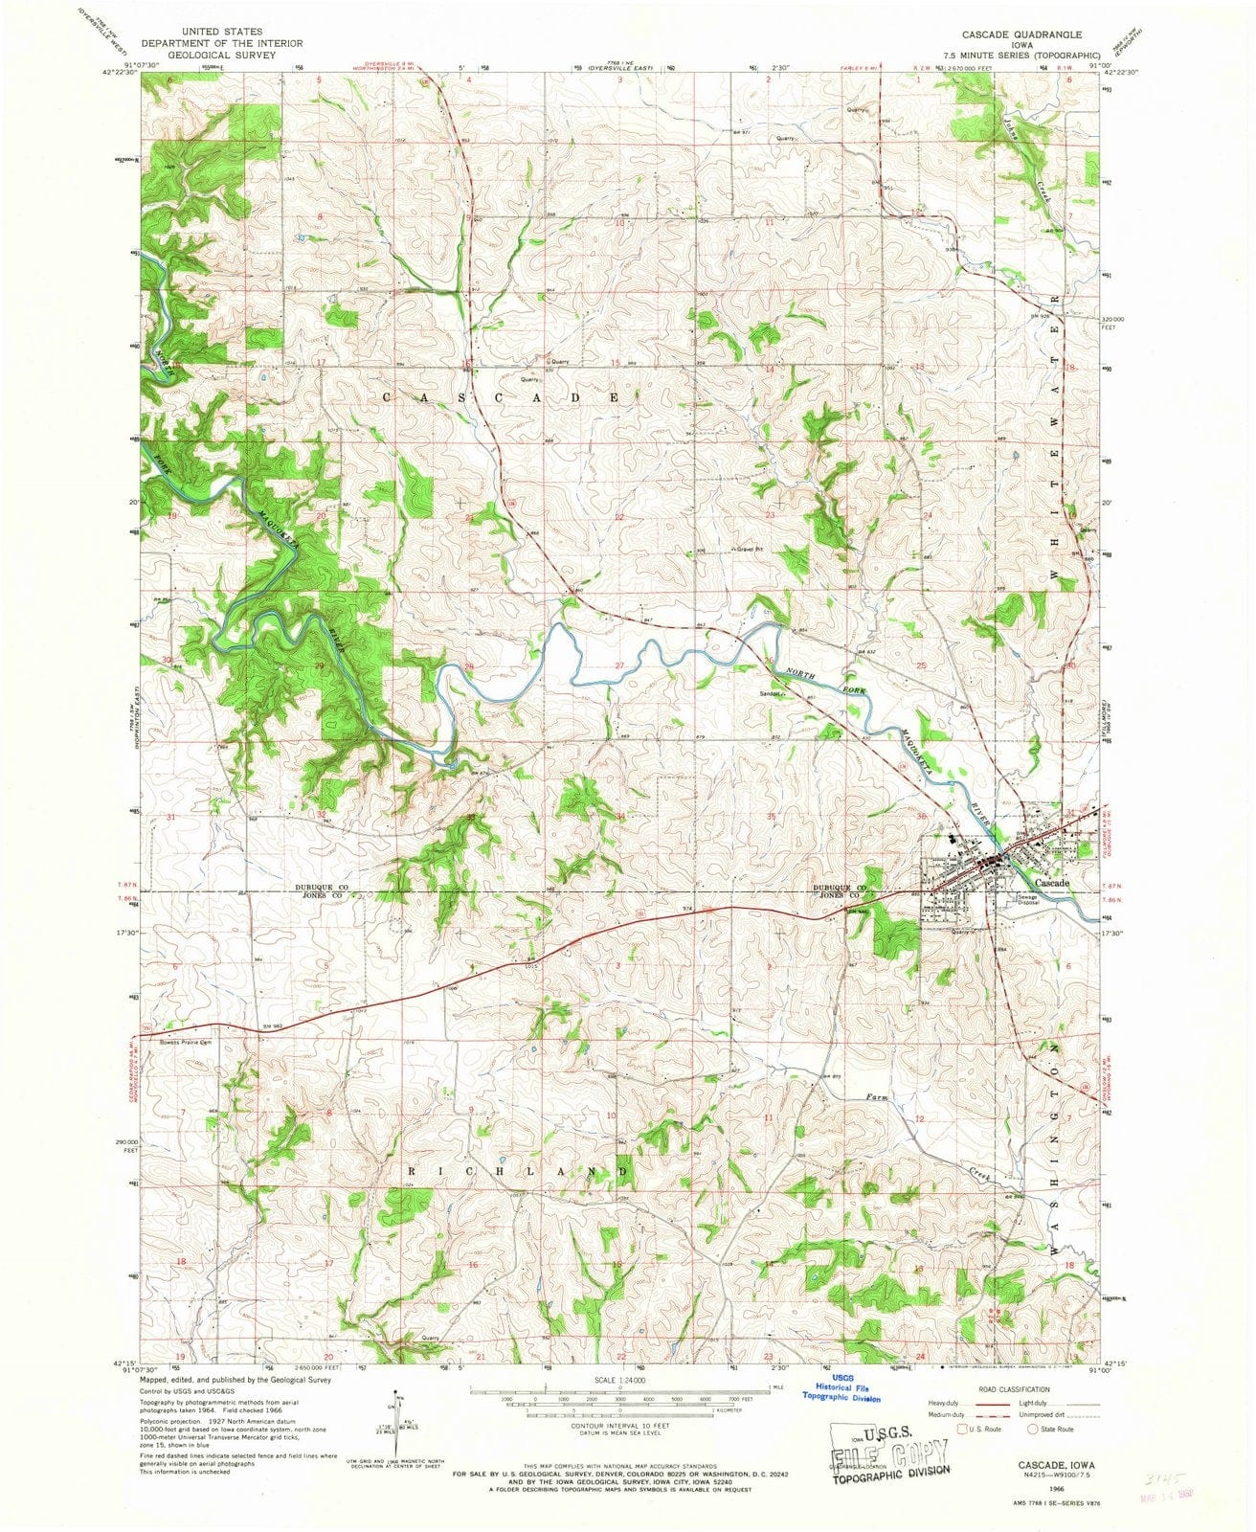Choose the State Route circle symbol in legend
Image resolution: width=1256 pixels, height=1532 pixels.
(x=1033, y=1430)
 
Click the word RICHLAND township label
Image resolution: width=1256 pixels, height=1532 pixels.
(x=519, y=1172)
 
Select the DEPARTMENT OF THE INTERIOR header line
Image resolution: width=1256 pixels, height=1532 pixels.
(x=222, y=43)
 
